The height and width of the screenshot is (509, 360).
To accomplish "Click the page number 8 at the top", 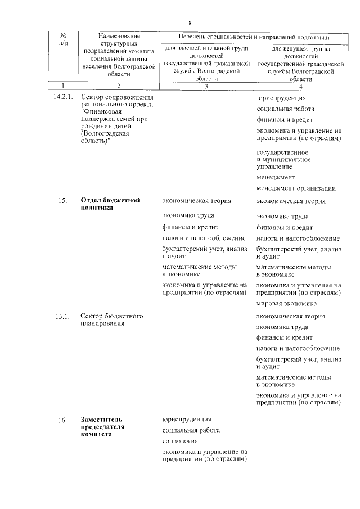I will (x=190, y=22).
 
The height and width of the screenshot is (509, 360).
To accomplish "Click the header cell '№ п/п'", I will (x=64, y=39).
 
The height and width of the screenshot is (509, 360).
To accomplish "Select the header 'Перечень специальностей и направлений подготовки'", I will (x=253, y=37).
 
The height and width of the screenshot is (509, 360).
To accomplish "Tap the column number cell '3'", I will (x=206, y=87).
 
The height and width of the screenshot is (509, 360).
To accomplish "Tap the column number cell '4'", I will (x=301, y=87).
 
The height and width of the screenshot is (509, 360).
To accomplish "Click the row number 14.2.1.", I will (x=62, y=97).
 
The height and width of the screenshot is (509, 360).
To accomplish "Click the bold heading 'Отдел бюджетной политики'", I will (x=110, y=204).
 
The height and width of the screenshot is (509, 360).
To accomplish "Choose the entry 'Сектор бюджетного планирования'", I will (x=111, y=319).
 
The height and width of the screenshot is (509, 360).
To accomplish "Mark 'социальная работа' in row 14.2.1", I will (x=285, y=109).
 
